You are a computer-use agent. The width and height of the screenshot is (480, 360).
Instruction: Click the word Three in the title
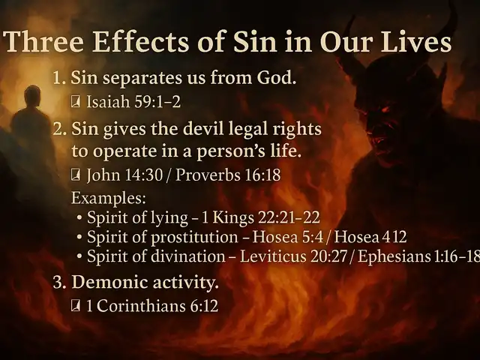(x=43, y=41)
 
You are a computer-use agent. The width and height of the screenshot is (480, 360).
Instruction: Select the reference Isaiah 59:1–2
(x=133, y=102)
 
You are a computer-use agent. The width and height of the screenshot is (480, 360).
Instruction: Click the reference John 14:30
(x=124, y=175)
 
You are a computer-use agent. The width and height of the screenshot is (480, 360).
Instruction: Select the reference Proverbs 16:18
(x=228, y=175)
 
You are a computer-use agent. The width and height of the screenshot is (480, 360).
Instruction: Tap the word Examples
(x=108, y=198)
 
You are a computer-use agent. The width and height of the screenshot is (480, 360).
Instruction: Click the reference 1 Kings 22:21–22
(x=261, y=217)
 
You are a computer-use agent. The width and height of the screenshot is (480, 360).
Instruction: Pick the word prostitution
(x=194, y=237)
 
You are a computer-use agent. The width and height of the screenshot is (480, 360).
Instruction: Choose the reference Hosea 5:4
(x=288, y=237)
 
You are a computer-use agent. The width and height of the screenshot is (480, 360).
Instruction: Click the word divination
(x=188, y=256)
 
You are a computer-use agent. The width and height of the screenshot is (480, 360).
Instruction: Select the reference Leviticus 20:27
(x=293, y=256)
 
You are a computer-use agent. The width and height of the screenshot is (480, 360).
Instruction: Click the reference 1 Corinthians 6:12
(x=152, y=305)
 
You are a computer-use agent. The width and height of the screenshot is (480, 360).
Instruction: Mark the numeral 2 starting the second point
(x=58, y=129)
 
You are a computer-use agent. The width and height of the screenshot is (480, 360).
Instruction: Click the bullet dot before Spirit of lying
(x=79, y=218)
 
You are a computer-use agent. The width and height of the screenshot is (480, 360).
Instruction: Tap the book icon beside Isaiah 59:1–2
(x=75, y=102)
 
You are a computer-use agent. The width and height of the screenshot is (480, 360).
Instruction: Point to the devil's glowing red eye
(x=385, y=109)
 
